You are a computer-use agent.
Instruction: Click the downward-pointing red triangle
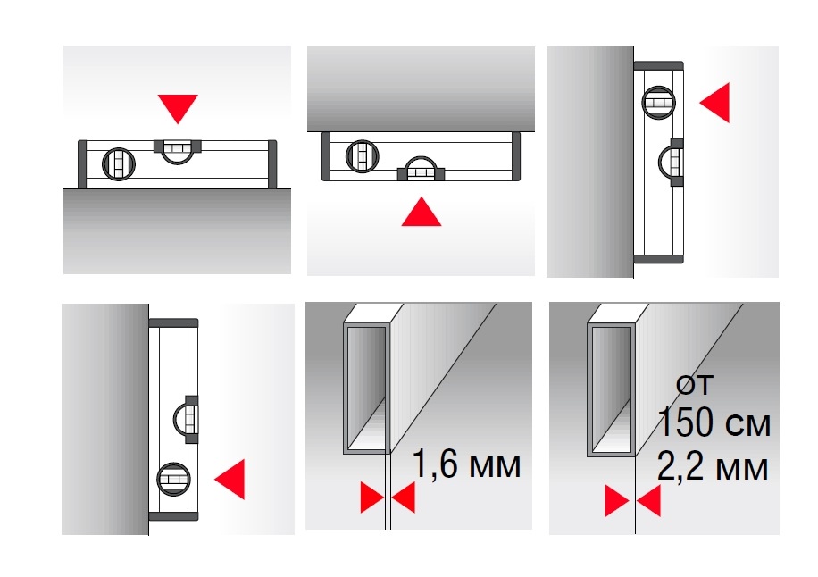click(x=178, y=106)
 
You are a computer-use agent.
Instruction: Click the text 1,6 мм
click(x=466, y=464)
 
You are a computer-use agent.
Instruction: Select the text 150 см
click(x=714, y=422)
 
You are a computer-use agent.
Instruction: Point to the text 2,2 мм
click(x=713, y=466)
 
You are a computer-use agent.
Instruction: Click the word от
click(x=695, y=386)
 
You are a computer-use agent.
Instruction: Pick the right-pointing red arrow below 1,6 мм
click(x=372, y=498)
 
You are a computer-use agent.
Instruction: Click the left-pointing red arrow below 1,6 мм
click(x=404, y=498)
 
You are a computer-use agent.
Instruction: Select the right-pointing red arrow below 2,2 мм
click(x=617, y=501)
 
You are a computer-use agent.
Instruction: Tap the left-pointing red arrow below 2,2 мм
click(x=648, y=501)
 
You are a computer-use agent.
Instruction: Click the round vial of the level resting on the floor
click(x=119, y=163)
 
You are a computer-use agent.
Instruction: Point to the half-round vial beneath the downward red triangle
click(x=178, y=151)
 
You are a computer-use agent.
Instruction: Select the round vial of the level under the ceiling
click(x=362, y=156)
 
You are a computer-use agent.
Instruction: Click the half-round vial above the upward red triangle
click(x=421, y=168)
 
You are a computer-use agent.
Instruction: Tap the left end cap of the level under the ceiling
click(x=326, y=156)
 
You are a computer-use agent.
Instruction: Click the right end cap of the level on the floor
click(x=271, y=164)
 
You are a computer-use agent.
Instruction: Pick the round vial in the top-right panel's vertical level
click(x=658, y=102)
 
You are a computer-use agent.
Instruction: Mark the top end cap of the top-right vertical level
click(x=658, y=66)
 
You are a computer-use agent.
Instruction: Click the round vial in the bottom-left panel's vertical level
click(x=173, y=479)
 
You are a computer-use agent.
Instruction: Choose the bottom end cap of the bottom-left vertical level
click(x=174, y=516)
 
